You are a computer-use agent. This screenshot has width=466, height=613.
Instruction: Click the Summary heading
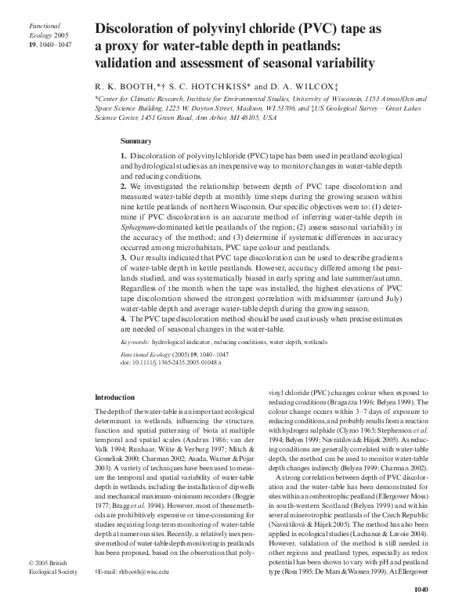point(135,141)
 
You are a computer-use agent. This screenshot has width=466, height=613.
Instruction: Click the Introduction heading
point(114,397)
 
